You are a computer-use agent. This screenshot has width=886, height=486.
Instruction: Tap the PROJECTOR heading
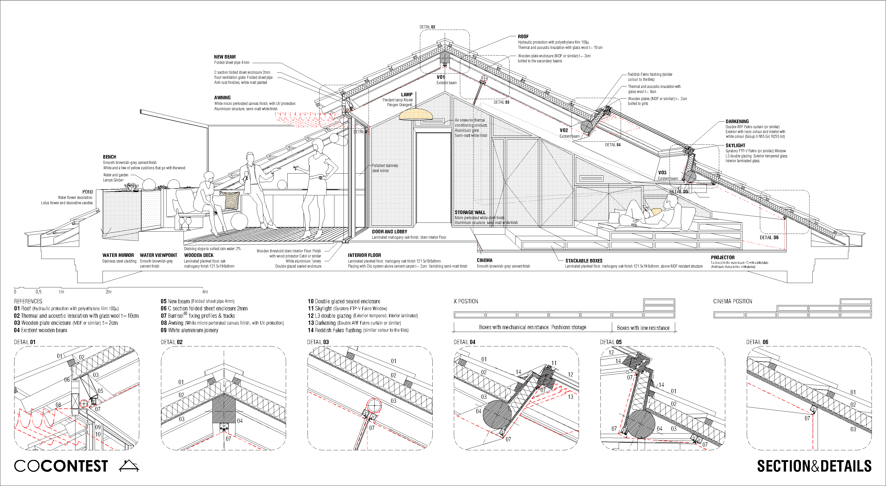[x=723, y=257]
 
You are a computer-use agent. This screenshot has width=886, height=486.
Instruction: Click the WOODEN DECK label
[x=198, y=255]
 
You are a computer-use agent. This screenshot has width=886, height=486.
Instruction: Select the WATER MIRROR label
[x=118, y=255]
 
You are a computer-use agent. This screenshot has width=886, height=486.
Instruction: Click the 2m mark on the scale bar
[x=108, y=292]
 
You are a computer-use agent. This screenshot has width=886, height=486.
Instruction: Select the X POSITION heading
[x=466, y=302]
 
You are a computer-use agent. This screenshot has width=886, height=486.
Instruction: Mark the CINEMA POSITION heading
[x=733, y=302]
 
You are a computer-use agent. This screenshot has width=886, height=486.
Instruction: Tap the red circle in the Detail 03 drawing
[x=374, y=405]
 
